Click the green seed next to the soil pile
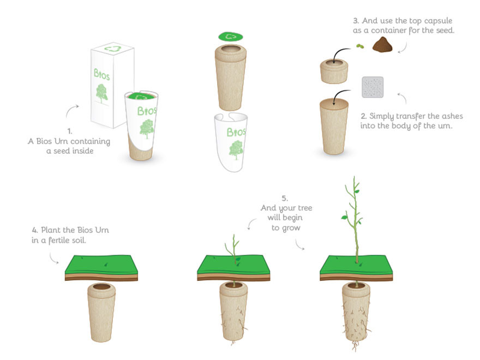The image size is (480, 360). (360, 46)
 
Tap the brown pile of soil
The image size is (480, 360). (382, 44)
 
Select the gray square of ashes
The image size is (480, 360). (373, 87)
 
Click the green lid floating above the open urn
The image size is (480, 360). (231, 37)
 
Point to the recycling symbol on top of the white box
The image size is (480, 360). (113, 49)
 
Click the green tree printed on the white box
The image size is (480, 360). (102, 93)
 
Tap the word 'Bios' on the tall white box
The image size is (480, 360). (101, 74)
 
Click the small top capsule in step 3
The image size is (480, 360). (334, 71)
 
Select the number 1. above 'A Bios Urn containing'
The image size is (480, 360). (70, 131)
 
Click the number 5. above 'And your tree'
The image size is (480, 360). (285, 199)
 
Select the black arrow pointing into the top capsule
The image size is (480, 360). (340, 53)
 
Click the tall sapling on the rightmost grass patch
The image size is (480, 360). (354, 219)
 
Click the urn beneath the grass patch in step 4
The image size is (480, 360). (101, 312)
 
